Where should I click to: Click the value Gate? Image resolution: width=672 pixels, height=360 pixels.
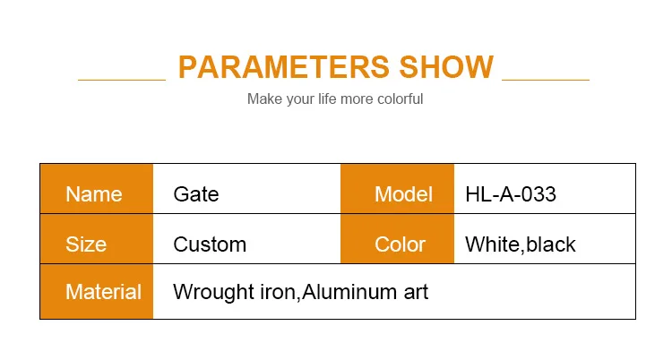pos(196,194)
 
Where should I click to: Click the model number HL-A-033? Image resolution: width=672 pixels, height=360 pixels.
pos(511,194)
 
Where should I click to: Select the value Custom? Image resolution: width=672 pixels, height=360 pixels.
pos(210,244)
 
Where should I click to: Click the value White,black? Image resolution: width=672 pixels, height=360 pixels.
pos(521,244)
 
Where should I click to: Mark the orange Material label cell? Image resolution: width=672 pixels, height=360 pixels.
pos(97,292)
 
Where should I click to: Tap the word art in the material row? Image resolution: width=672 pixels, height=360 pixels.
pos(416,293)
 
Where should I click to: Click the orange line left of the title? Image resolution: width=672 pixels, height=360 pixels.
pos(122,80)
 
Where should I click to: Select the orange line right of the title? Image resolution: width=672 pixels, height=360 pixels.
pos(546,80)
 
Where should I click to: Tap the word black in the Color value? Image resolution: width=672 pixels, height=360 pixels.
pos(551,244)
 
